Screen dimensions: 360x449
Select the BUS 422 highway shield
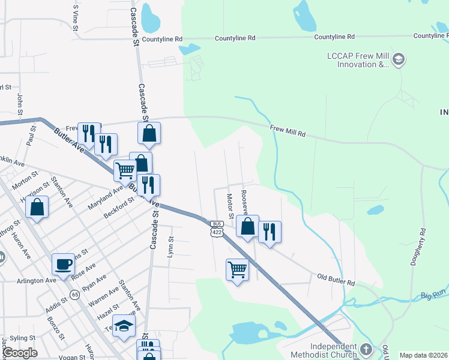(x=217, y=228)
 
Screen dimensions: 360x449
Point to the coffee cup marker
(x=64, y=263)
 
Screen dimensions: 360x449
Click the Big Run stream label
(x=433, y=295)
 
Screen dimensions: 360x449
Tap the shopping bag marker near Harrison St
(x=37, y=208)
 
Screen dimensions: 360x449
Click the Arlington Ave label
(x=37, y=280)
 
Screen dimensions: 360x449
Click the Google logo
(x=20, y=352)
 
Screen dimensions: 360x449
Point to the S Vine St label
(x=76, y=14)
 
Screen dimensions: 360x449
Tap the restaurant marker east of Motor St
(x=270, y=231)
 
